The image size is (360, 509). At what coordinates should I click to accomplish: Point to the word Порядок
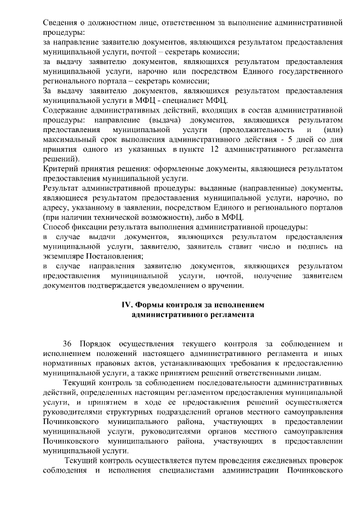click(96, 344)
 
